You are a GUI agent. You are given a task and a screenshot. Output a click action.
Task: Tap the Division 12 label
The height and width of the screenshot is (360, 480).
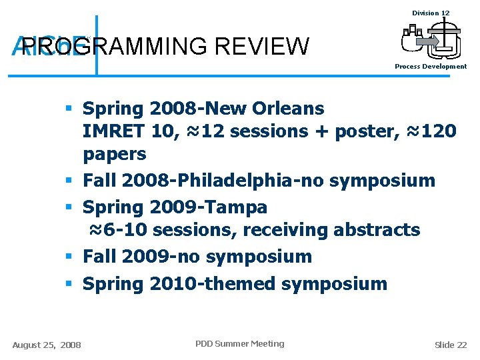[x=431, y=13]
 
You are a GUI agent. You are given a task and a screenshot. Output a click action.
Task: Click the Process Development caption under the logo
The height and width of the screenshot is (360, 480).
[x=431, y=67]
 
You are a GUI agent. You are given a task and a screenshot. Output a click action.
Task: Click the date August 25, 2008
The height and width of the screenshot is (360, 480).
[x=47, y=345]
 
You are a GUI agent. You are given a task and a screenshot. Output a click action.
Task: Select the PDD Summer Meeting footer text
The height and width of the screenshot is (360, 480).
[x=239, y=344]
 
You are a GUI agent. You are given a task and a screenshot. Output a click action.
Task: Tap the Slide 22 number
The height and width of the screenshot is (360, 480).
[x=451, y=345]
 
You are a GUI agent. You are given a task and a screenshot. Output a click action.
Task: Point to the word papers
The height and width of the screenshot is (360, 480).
[x=114, y=154]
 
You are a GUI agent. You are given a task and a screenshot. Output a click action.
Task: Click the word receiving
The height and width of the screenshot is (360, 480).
[x=281, y=230]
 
